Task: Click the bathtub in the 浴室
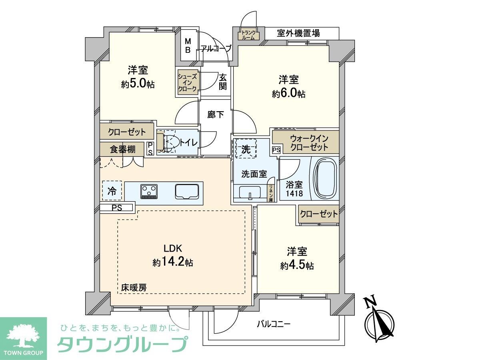[325, 178]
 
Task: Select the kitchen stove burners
[150, 191]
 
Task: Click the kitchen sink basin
[187, 192]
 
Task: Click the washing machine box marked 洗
[246, 149]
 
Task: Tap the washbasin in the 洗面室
[250, 192]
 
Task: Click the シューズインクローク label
[188, 82]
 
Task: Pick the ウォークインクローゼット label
[309, 143]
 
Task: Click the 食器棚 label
[122, 150]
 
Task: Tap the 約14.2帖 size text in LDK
[173, 262]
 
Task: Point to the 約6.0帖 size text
[289, 94]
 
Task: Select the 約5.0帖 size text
[138, 84]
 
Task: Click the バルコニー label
[273, 324]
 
